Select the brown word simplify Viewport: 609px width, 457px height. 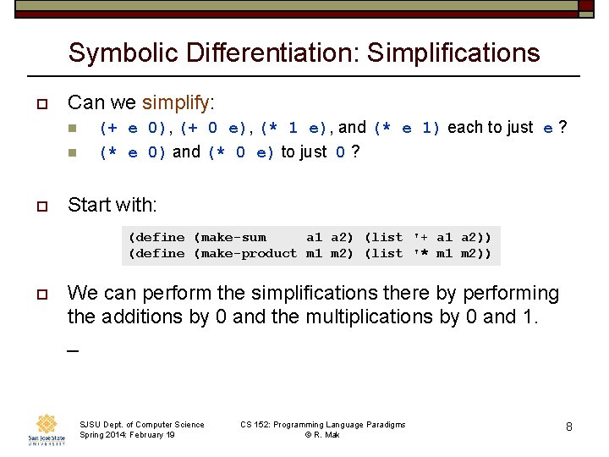coord(177,103)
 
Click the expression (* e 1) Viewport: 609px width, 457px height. coord(407,129)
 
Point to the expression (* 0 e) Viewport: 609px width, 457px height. coord(241,152)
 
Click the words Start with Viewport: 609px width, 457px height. coord(112,205)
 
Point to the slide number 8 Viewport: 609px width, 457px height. coord(569,427)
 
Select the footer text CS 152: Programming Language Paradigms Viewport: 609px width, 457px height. coord(322,424)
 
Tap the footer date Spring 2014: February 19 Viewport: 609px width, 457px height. coord(127,434)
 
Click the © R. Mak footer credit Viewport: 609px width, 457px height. coord(322,434)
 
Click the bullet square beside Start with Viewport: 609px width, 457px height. coord(40,206)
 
